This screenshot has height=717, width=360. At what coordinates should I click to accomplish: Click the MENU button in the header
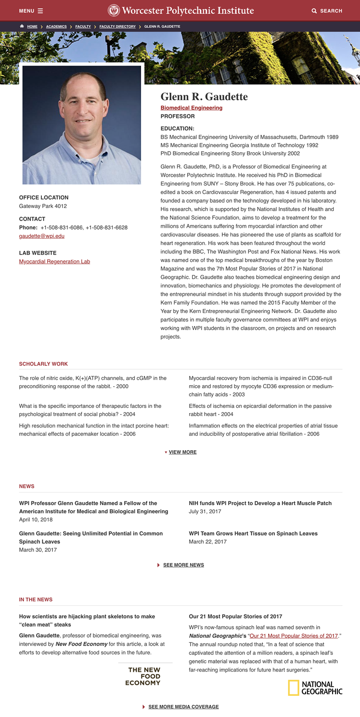[x=31, y=11]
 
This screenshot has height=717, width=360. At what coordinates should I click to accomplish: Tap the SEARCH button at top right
[x=327, y=11]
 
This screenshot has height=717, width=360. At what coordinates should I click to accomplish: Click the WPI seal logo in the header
[x=114, y=10]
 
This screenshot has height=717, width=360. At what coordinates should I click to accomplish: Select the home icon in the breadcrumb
[x=22, y=26]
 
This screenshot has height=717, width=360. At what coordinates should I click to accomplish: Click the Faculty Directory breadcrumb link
[x=117, y=26]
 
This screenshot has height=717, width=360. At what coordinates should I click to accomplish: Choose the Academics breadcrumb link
[x=56, y=26]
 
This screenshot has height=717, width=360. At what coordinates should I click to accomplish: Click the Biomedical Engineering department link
[x=191, y=108]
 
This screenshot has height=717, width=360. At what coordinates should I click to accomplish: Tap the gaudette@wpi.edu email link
[x=41, y=236]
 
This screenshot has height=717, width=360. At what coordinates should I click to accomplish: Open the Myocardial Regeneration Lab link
[x=54, y=261]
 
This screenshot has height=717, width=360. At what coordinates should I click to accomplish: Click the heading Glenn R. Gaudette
[x=204, y=97]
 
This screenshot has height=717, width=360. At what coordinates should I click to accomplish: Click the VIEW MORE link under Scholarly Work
[x=182, y=452]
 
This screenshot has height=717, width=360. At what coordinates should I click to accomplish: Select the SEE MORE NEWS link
[x=183, y=565]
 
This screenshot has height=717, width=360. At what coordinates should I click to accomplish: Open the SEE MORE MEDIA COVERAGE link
[x=183, y=707]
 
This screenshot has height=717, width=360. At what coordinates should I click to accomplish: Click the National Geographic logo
[x=315, y=688]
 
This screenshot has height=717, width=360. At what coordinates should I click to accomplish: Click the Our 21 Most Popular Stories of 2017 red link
[x=294, y=636]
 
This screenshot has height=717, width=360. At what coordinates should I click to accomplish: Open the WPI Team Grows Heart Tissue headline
[x=253, y=534]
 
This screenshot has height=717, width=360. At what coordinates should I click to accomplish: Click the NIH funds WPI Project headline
[x=260, y=503]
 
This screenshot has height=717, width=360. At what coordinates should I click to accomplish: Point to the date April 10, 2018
[x=36, y=520]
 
